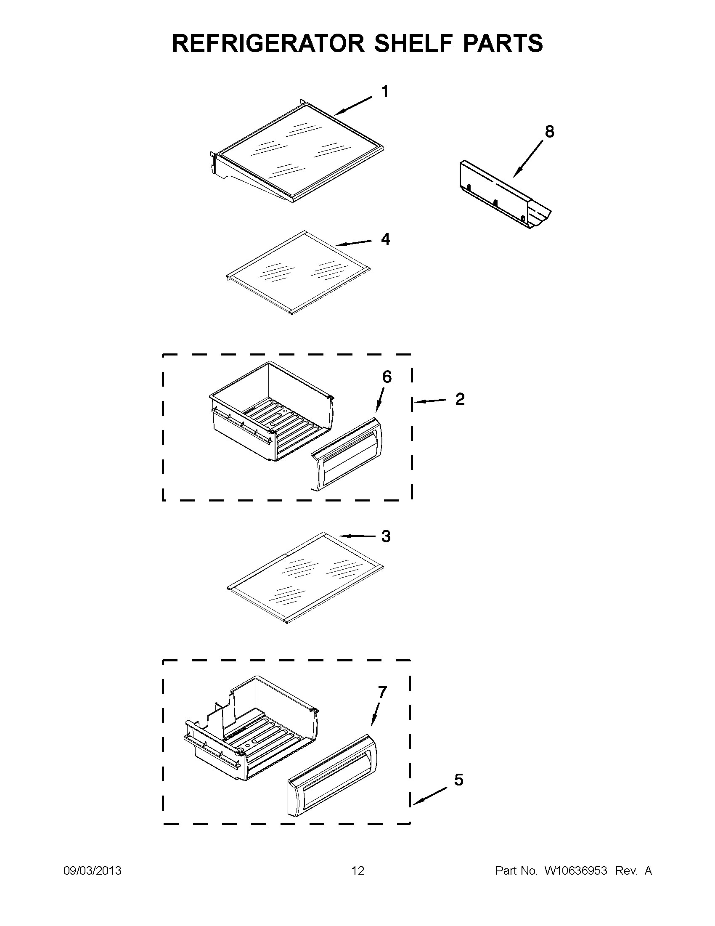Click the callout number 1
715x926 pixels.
pyautogui.click(x=384, y=91)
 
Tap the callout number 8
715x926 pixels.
pyautogui.click(x=549, y=132)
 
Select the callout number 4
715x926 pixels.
pyautogui.click(x=385, y=239)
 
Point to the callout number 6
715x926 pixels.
pyautogui.click(x=387, y=377)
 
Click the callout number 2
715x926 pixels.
pyautogui.click(x=460, y=399)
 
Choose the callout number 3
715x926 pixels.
pyautogui.click(x=385, y=536)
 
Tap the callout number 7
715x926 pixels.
pyautogui.click(x=382, y=693)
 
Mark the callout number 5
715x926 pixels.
pyautogui.click(x=458, y=780)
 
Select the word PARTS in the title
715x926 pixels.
pyautogui.click(x=502, y=43)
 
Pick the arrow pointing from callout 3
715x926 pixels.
pyautogui.click(x=358, y=536)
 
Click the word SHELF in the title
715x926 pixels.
pyautogui.click(x=406, y=43)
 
